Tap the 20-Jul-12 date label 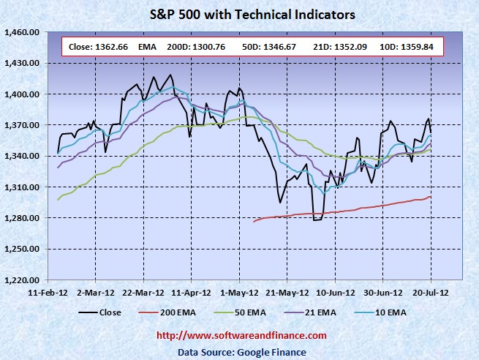click(x=431, y=290)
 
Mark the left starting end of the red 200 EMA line click(x=254, y=221)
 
